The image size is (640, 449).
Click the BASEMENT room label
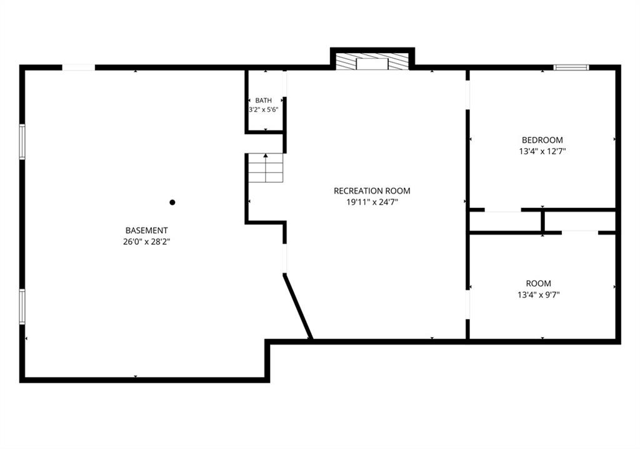tap(146, 230)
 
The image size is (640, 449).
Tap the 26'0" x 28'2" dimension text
tap(146, 242)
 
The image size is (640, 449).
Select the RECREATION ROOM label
tap(372, 190)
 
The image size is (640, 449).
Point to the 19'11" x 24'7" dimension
tap(372, 202)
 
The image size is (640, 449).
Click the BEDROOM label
tap(542, 140)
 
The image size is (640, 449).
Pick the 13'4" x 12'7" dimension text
tap(542, 151)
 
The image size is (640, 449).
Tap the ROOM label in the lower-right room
tap(538, 284)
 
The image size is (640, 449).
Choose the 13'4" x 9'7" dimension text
tap(538, 294)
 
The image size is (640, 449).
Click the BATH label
tap(263, 101)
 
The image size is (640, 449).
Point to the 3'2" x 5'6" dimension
tap(264, 110)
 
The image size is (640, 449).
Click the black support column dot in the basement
tap(172, 202)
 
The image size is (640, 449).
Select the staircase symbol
tap(266, 168)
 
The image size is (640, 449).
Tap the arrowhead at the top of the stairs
tap(266, 155)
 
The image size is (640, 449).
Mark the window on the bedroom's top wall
tap(571, 67)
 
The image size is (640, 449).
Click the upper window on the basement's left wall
tap(22, 142)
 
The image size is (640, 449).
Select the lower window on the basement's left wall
tap(22, 307)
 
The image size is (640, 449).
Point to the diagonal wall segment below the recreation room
tap(298, 307)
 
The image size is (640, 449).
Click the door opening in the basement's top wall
tap(78, 67)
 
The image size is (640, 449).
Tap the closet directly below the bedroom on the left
tap(505, 222)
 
